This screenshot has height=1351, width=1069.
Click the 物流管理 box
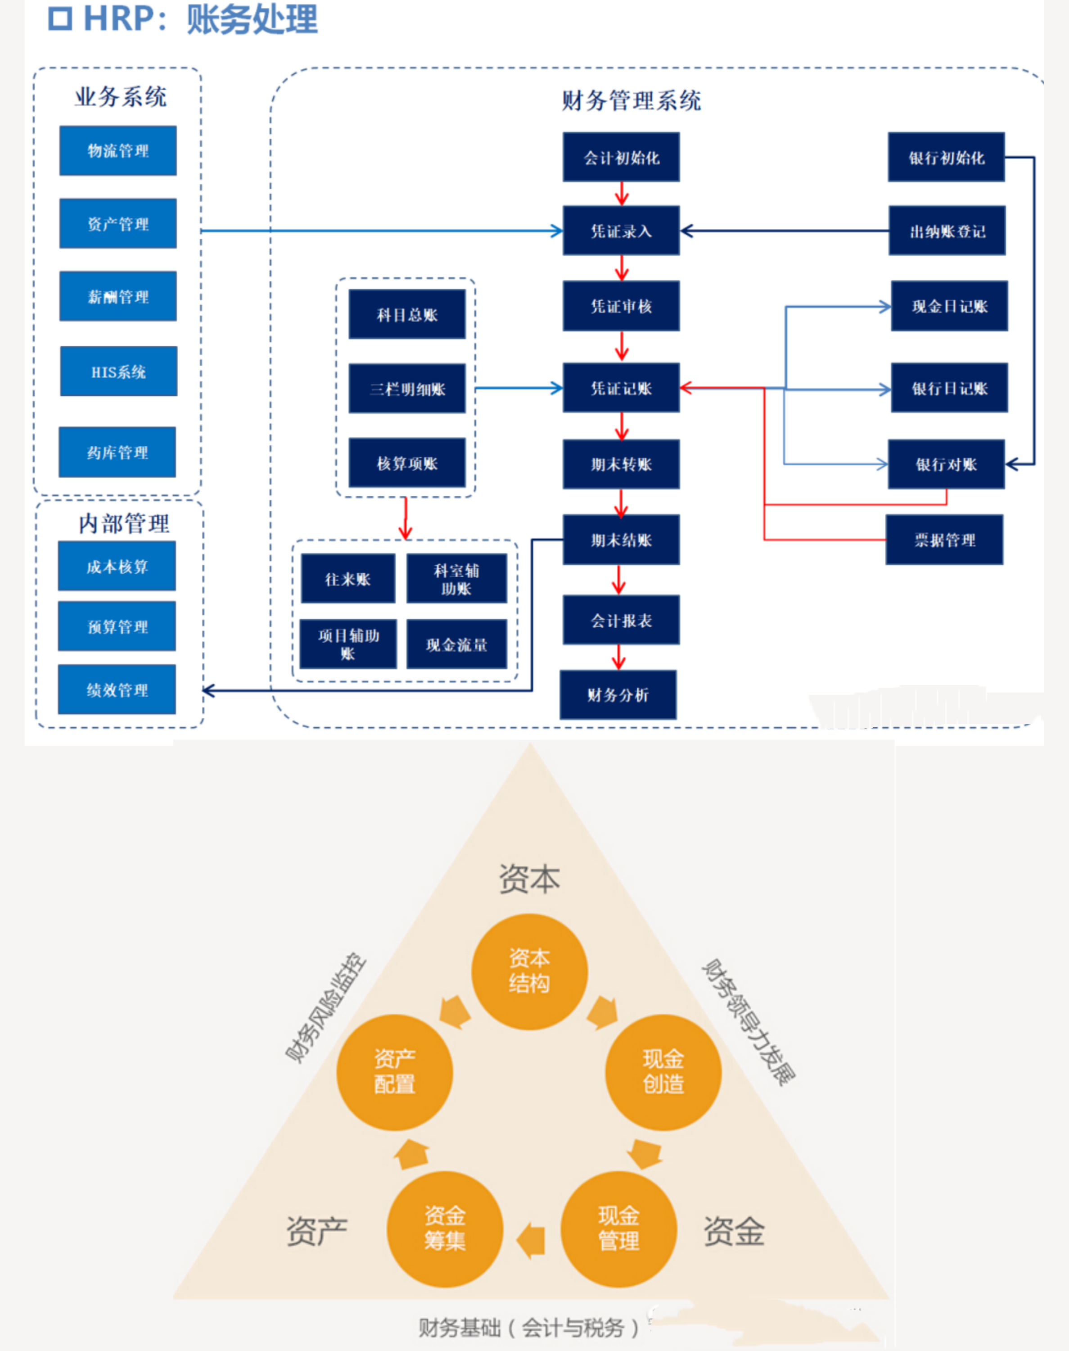coord(117,151)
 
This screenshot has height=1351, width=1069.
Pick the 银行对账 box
coord(946,464)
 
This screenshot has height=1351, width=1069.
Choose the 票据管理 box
coord(944,539)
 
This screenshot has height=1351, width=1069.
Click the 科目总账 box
coord(407,314)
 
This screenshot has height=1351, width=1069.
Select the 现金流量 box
coord(456,644)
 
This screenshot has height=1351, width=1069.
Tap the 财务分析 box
coord(618,694)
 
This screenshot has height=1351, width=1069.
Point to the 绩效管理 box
coord(117,689)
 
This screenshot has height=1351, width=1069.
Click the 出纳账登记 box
coord(947,231)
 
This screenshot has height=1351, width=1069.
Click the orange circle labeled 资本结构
coord(529,971)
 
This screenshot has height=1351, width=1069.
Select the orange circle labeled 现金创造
coord(663,1072)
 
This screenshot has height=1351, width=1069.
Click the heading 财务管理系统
coord(631,100)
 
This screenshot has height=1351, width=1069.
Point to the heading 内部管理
coord(124,523)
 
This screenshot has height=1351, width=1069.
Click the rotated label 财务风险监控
coord(325,1007)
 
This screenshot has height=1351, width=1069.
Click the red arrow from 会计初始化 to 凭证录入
coord(622,194)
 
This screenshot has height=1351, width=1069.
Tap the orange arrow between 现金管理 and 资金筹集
coord(532,1240)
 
